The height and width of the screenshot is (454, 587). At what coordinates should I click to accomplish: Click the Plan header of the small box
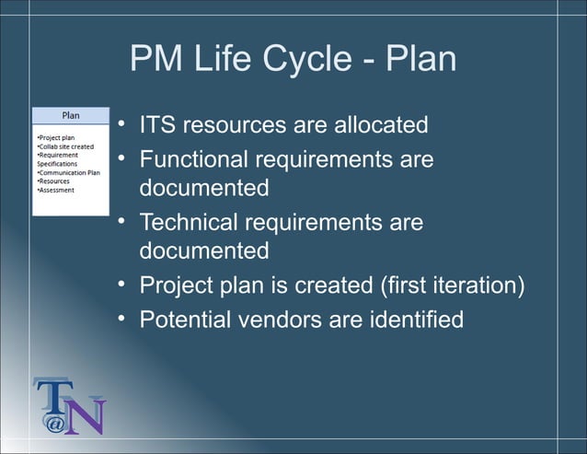(70, 116)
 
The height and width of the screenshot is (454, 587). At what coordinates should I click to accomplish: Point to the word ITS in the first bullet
(157, 123)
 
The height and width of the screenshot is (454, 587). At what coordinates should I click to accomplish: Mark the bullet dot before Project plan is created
(121, 285)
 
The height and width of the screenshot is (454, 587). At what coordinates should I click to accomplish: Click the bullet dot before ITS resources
(121, 123)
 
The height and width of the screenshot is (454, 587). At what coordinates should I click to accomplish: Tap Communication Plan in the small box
(68, 172)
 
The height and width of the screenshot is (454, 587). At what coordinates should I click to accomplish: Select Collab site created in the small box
(65, 146)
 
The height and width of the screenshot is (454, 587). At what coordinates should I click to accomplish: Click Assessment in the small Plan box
(56, 190)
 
